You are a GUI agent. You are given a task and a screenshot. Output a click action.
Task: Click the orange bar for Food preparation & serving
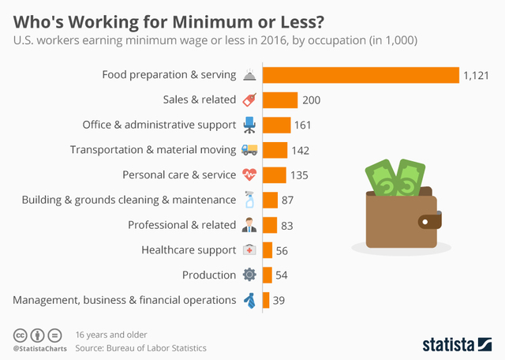click(x=361, y=75)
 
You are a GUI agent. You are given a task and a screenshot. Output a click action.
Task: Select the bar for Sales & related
click(x=280, y=100)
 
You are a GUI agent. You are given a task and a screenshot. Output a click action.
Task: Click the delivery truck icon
click(x=249, y=150)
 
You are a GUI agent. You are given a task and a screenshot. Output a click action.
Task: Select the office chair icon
click(x=249, y=125)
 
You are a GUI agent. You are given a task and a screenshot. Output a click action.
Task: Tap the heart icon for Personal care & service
click(x=249, y=174)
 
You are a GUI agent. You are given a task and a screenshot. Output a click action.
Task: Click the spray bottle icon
click(x=249, y=200)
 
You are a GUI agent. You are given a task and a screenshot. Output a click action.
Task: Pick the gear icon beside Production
click(x=249, y=275)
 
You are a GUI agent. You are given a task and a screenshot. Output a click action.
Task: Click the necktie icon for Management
click(x=249, y=300)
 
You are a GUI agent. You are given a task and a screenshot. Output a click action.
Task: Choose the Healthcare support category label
click(x=189, y=250)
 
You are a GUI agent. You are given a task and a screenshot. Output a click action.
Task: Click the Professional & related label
click(x=181, y=225)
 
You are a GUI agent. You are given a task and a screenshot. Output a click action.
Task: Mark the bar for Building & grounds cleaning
click(x=270, y=200)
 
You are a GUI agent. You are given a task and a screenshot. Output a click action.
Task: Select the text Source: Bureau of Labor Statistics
click(x=140, y=347)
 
